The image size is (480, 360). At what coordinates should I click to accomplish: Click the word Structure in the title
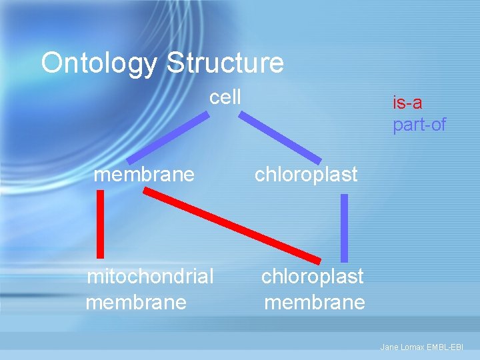[225, 63]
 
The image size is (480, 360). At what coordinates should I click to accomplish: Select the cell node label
[225, 97]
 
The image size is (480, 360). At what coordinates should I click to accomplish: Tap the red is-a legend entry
[407, 103]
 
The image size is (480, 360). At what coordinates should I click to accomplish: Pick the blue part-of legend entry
[419, 125]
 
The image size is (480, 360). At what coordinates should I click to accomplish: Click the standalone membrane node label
[144, 175]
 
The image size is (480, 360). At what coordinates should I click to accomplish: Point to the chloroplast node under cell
[306, 175]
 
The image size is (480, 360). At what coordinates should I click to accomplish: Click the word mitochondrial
[151, 276]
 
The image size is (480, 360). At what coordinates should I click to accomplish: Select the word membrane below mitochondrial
[136, 303]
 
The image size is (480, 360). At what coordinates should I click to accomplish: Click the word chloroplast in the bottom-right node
[313, 276]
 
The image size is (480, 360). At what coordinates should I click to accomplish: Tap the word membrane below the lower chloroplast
[315, 303]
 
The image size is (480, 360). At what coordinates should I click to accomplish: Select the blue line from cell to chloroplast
[280, 137]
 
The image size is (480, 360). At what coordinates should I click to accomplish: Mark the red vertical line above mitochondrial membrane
[101, 223]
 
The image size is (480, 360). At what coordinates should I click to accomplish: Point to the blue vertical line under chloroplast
[344, 227]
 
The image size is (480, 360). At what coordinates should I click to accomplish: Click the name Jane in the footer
[388, 347]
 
